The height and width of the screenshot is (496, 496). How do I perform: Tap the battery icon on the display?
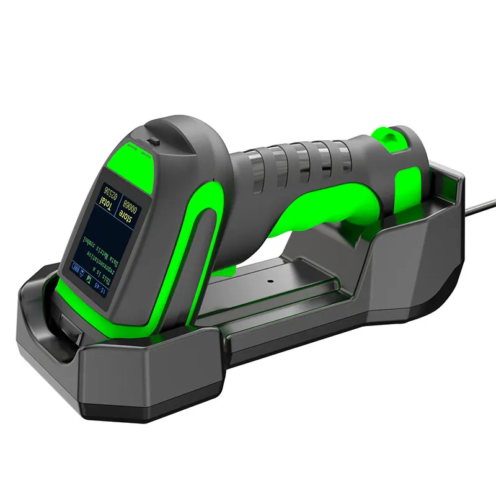coord(77,268)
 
